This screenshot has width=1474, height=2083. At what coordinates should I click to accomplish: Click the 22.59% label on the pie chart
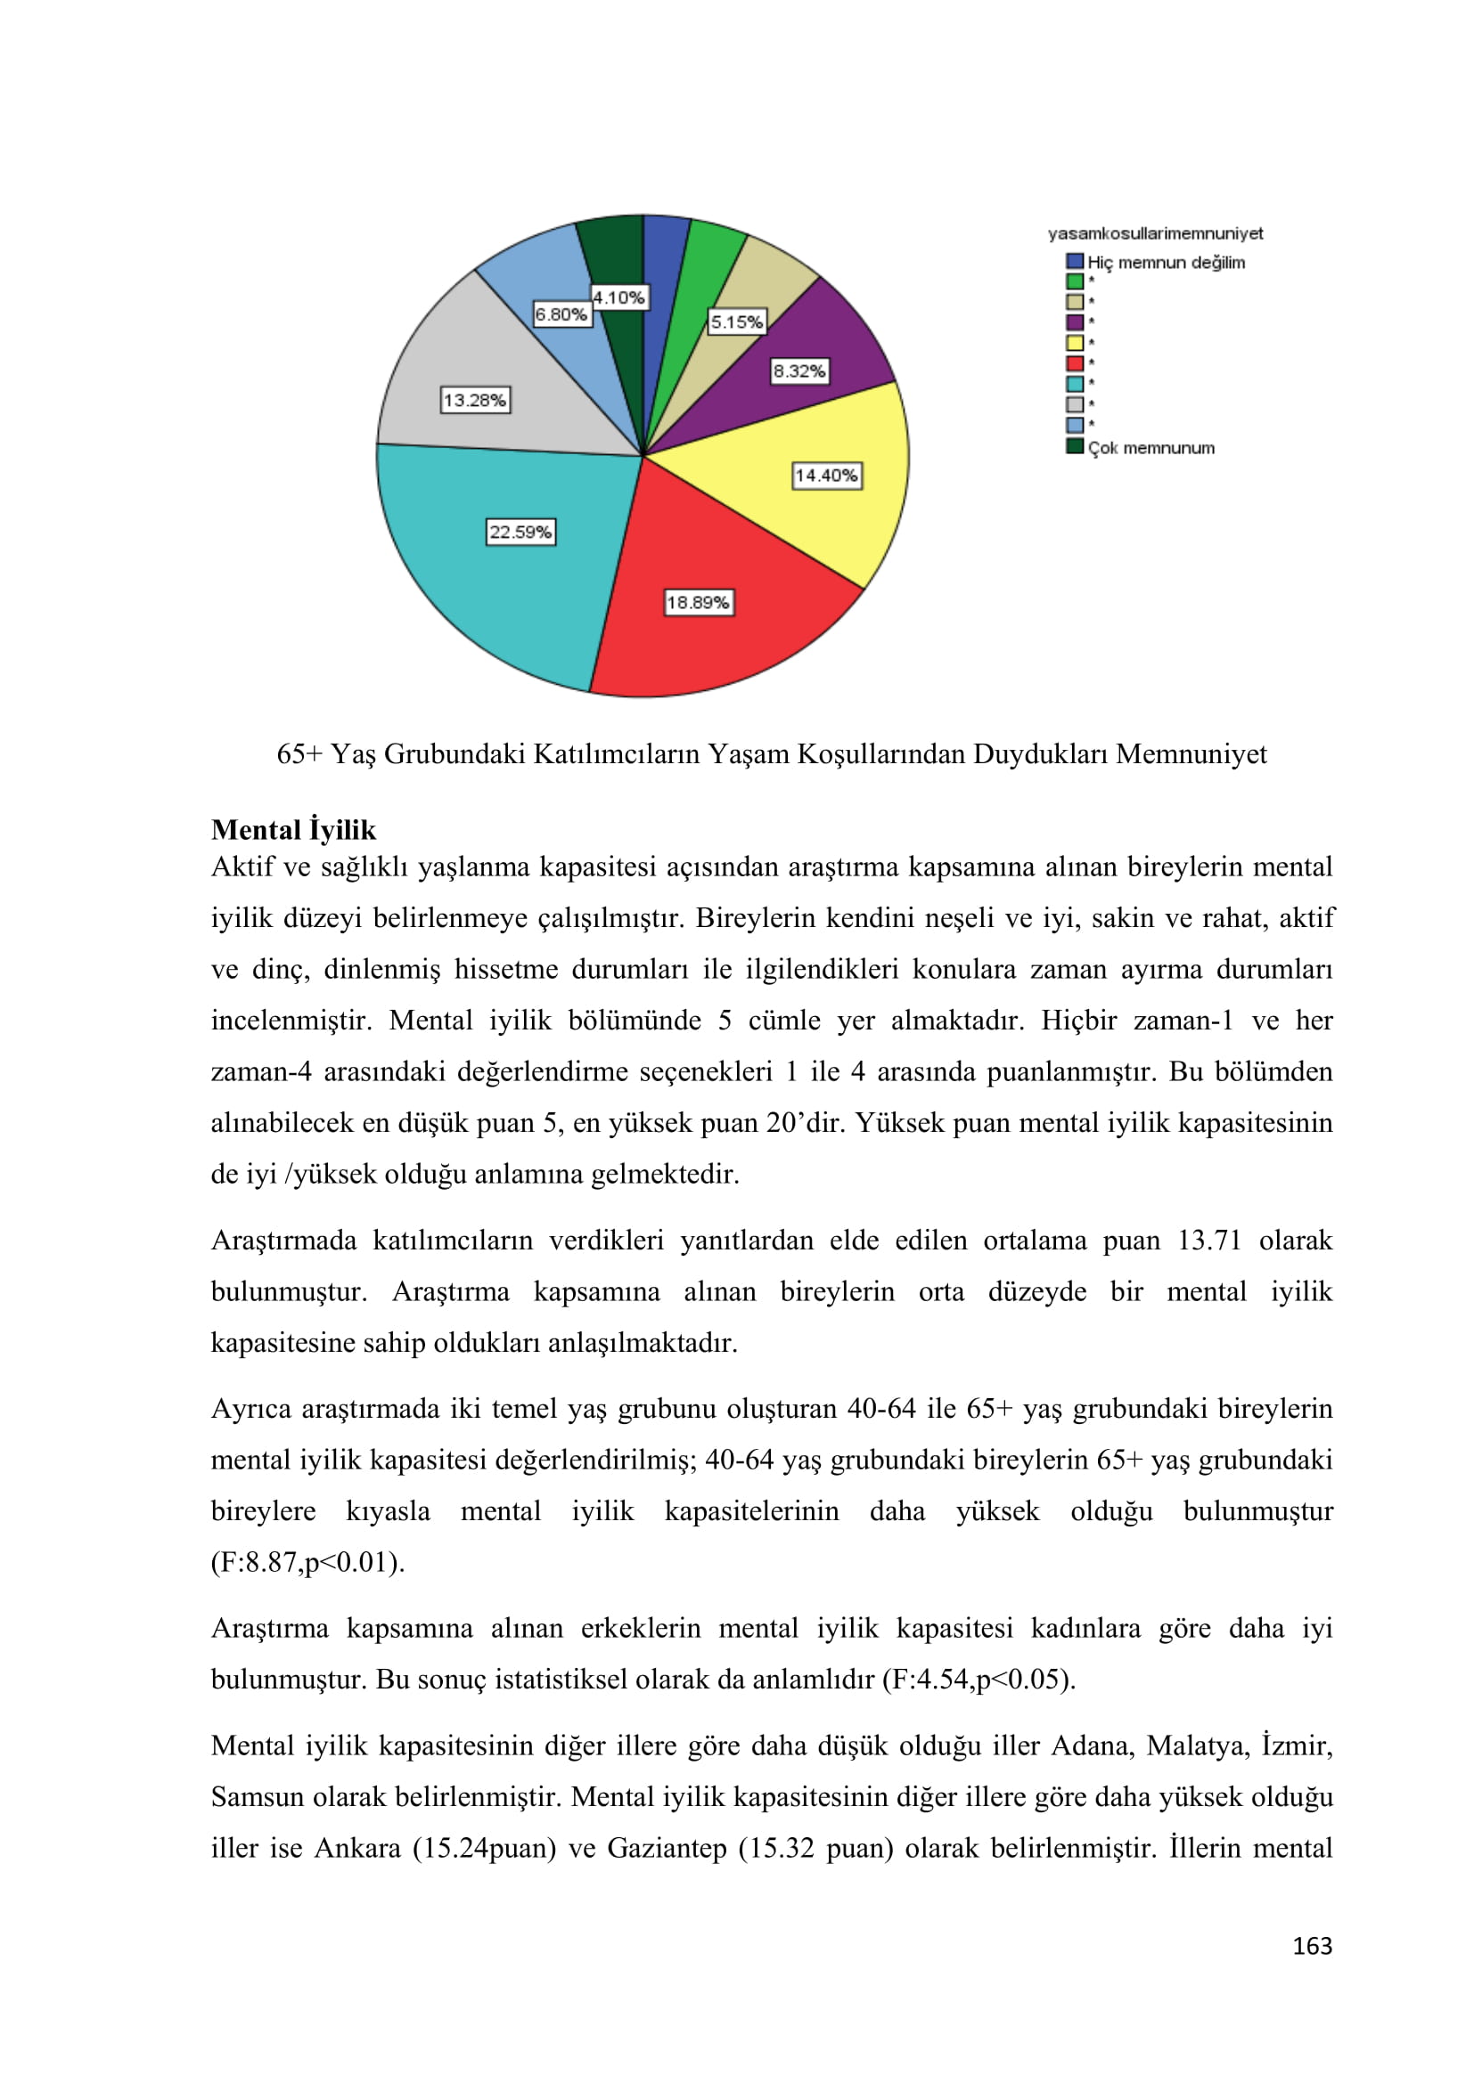pyautogui.click(x=520, y=532)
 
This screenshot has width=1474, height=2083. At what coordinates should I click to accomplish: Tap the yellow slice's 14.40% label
pyautogui.click(x=826, y=476)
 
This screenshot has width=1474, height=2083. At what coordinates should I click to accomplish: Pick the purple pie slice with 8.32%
pyautogui.click(x=817, y=354)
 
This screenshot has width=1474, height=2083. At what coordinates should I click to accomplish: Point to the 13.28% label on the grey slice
pyautogui.click(x=475, y=400)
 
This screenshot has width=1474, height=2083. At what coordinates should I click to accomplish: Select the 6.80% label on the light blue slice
pyautogui.click(x=561, y=314)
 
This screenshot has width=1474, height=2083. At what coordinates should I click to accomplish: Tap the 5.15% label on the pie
pyautogui.click(x=736, y=322)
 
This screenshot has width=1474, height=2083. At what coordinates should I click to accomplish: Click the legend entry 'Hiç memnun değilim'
pyautogui.click(x=1166, y=262)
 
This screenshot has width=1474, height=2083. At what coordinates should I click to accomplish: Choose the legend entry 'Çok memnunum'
pyautogui.click(x=1150, y=447)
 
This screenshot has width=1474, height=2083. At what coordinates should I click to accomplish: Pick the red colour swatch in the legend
pyautogui.click(x=1075, y=362)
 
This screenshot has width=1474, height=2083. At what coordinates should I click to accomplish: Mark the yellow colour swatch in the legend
pyautogui.click(x=1075, y=343)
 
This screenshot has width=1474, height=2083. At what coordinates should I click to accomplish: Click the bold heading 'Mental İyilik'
pyautogui.click(x=293, y=829)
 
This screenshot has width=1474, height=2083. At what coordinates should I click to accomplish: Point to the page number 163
pyautogui.click(x=1312, y=1945)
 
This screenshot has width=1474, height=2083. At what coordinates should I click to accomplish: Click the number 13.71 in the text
pyautogui.click(x=1208, y=1241)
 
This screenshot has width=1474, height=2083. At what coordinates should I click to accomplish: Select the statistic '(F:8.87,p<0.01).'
pyautogui.click(x=307, y=1562)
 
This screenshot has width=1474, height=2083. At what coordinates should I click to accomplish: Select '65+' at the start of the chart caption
pyautogui.click(x=299, y=754)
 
